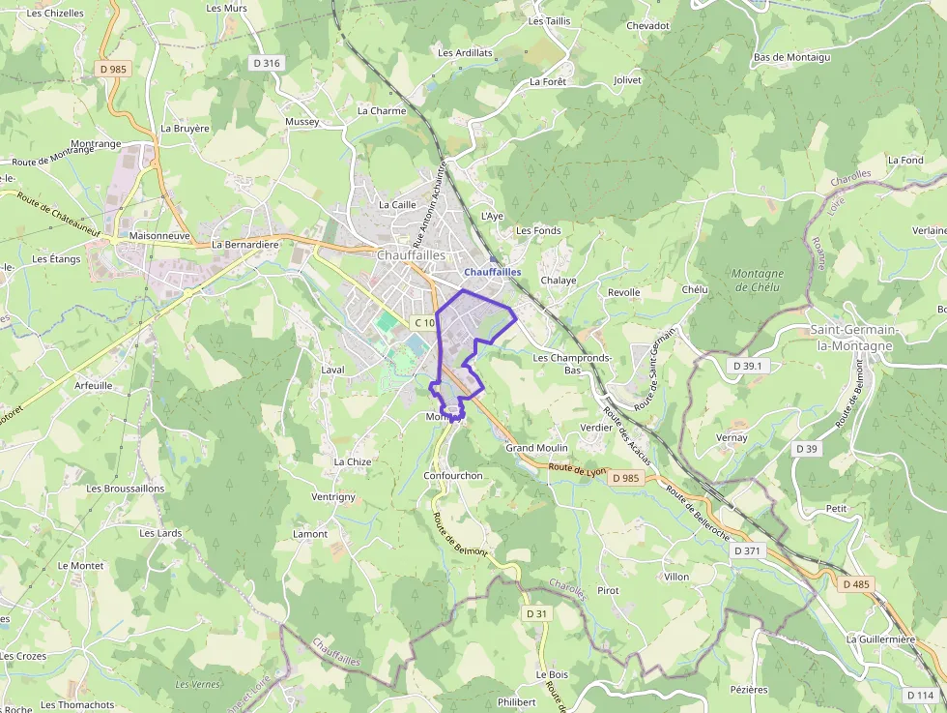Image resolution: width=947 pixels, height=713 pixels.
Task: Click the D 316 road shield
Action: (x=265, y=63)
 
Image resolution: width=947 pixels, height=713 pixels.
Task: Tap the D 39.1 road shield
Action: (x=747, y=366)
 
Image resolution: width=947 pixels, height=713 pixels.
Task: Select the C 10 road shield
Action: (x=423, y=322)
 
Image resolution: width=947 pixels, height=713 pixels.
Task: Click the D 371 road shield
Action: (x=748, y=550)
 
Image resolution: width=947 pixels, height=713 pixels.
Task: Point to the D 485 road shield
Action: (x=855, y=584)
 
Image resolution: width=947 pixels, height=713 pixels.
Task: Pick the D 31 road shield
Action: (x=536, y=613)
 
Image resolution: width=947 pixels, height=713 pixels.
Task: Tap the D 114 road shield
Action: (x=920, y=695)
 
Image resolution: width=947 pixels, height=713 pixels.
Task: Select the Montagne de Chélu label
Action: (x=758, y=281)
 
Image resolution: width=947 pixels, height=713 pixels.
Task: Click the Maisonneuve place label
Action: (x=159, y=235)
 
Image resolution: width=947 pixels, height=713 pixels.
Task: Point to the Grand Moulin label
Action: (x=536, y=448)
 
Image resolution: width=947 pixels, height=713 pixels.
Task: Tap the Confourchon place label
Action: (x=452, y=475)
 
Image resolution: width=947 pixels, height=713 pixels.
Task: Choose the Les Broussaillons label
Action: (x=126, y=489)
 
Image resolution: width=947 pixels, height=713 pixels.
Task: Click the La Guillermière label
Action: (x=880, y=639)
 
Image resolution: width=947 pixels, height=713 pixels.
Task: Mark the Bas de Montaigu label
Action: (x=791, y=57)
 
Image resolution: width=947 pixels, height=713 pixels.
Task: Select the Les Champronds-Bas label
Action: (x=572, y=364)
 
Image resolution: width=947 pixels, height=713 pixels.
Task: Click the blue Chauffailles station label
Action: (x=492, y=272)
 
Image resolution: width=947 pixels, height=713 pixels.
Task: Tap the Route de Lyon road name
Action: (x=577, y=469)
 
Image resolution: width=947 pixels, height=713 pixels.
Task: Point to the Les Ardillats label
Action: (x=465, y=52)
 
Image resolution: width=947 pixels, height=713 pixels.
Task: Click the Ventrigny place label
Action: (x=333, y=496)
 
